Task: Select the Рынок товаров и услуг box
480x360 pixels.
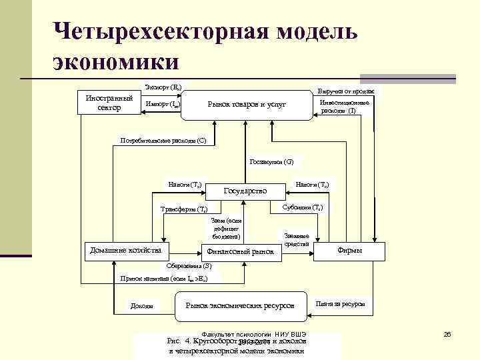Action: [247, 105]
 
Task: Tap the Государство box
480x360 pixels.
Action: [245, 191]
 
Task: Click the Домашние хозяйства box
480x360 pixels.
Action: [125, 251]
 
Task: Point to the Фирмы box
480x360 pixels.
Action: [350, 251]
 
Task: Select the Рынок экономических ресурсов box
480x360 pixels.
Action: [239, 305]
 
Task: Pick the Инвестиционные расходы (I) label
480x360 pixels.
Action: [344, 107]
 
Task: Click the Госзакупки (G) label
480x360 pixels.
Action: [271, 161]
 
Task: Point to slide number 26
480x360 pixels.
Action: [447, 333]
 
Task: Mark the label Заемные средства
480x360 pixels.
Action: [296, 240]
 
